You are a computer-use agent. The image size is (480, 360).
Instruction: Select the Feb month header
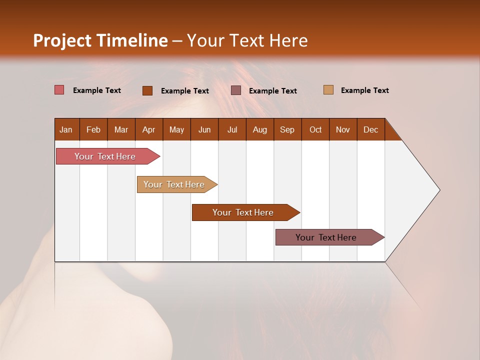point(93,129)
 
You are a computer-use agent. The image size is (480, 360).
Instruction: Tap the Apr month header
point(148,129)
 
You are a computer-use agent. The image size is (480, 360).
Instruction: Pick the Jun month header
point(204,129)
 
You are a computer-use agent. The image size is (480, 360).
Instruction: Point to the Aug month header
point(259,129)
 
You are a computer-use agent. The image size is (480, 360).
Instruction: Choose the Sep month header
point(287,129)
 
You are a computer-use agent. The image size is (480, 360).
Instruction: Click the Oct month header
point(315,129)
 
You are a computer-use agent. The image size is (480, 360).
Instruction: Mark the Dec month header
point(370,129)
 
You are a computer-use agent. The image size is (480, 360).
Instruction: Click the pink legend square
point(59,90)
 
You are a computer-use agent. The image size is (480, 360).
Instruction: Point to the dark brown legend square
point(147,90)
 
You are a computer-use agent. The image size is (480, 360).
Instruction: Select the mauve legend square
point(236,90)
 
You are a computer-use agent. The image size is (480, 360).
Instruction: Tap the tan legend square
point(328,90)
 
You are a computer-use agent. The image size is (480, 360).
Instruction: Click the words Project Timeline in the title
point(100,40)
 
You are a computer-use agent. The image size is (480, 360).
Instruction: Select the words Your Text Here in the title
point(247,40)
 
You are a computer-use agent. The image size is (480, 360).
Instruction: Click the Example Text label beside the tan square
point(364,90)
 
